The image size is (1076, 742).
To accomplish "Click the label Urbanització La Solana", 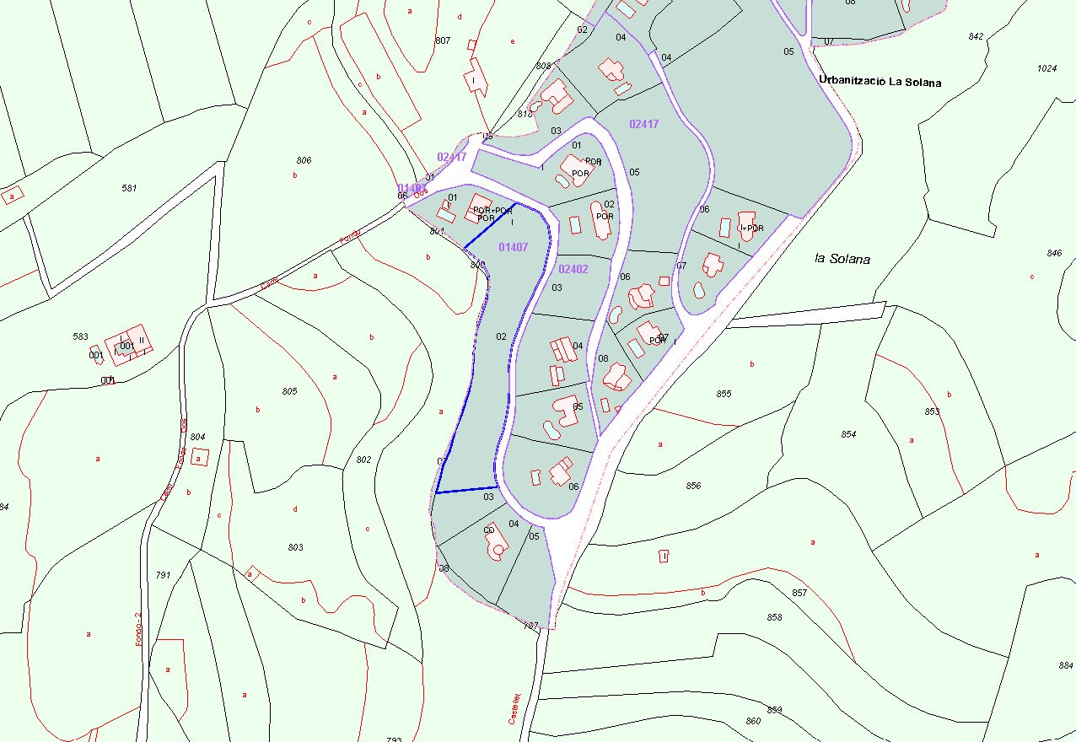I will [880, 82].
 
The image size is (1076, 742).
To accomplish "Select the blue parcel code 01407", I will [513, 247].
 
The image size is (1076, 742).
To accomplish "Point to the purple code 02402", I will [573, 269].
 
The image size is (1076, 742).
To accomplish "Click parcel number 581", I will [129, 188].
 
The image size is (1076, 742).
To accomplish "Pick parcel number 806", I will [304, 160].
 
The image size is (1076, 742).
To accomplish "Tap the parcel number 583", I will [80, 336].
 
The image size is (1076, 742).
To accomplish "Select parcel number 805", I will [289, 391].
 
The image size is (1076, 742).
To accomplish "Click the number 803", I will [295, 547].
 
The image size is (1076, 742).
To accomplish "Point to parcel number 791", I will [163, 575].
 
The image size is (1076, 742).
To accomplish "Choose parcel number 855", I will [724, 394].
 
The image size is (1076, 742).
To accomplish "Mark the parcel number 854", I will [848, 434].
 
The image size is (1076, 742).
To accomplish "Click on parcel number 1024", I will [1046, 68].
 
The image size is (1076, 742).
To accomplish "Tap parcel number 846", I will [1054, 253].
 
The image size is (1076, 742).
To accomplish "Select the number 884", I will [1065, 665].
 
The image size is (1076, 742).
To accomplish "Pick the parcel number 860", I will [753, 721].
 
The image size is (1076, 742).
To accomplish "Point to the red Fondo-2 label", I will [138, 629].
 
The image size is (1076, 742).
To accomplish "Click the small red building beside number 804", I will [200, 457].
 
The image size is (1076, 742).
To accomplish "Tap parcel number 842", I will [976, 36].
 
